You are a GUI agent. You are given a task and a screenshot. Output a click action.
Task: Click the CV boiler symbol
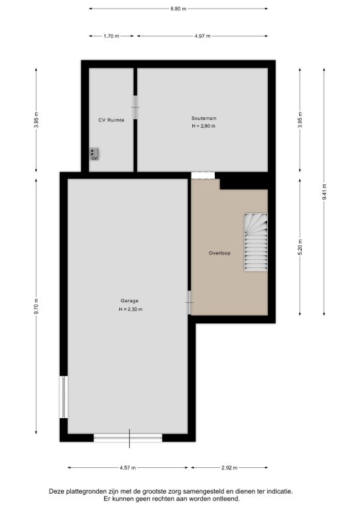pos(94,154)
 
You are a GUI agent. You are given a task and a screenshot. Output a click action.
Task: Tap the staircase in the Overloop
pos(256,242)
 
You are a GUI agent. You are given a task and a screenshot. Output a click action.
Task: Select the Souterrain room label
pos(204,119)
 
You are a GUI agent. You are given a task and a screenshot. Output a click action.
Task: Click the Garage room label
pos(129,301)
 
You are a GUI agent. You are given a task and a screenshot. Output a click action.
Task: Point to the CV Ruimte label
pos(111,120)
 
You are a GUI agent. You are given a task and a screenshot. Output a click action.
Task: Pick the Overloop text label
pos(219,253)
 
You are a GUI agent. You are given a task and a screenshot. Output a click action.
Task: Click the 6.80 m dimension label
pos(178,9)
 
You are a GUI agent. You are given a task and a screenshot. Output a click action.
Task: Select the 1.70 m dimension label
pos(111,36)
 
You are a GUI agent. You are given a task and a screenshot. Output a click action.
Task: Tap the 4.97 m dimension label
pos(202,36)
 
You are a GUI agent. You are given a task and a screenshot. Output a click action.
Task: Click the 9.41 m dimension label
pos(324,192)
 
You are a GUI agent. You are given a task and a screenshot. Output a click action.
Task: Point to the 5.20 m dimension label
pos(300,247)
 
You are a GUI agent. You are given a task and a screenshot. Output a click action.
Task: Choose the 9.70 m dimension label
pos(36,306)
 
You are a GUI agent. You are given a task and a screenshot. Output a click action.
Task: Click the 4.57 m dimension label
pos(127,468)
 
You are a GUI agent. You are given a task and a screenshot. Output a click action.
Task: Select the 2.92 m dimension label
pos(229,468)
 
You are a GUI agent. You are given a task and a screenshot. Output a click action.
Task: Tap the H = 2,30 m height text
pos(131,310)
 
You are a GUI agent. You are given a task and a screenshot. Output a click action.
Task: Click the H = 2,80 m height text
pos(204,127)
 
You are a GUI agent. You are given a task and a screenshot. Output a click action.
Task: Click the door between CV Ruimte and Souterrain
pos(135,107)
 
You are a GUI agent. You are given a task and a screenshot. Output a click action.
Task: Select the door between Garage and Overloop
pos(189,302)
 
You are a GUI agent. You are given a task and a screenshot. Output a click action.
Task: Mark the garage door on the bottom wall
pos(128,438)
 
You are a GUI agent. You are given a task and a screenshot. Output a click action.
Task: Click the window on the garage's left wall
pos(64,397)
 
